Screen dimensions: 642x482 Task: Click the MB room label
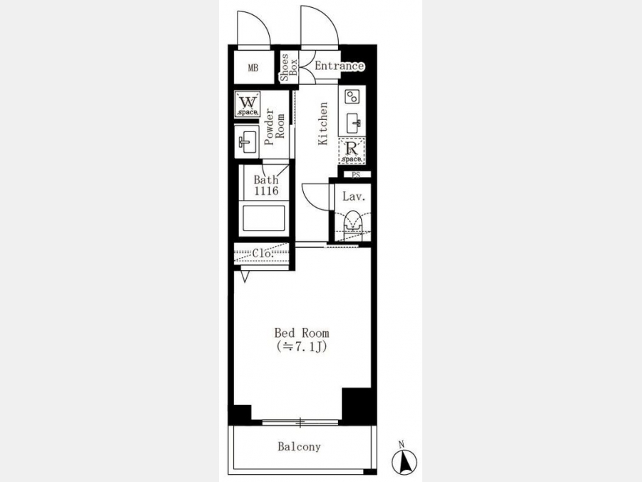pyautogui.click(x=253, y=68)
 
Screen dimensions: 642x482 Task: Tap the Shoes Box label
pyautogui.click(x=289, y=68)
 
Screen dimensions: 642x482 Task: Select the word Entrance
pyautogui.click(x=339, y=66)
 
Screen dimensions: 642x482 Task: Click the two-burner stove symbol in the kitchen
pyautogui.click(x=352, y=97)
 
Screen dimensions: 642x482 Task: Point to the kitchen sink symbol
pyautogui.click(x=353, y=124)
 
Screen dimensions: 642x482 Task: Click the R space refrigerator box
pyautogui.click(x=352, y=151)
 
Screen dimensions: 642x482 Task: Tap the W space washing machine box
pyautogui.click(x=248, y=104)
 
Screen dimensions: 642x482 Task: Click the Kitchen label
pyautogui.click(x=323, y=124)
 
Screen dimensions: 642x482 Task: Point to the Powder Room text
pyautogui.click(x=275, y=126)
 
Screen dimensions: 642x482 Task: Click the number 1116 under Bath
pyautogui.click(x=266, y=191)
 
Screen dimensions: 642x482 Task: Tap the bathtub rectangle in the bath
pyautogui.click(x=264, y=219)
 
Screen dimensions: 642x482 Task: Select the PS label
pyautogui.click(x=356, y=175)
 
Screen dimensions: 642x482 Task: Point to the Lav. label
pyautogui.click(x=353, y=197)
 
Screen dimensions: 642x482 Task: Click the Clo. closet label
pyautogui.click(x=263, y=253)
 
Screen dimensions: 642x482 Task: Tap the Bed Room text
pyautogui.click(x=301, y=332)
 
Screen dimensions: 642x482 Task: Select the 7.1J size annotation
pyautogui.click(x=301, y=347)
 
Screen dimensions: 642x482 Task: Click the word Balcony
pyautogui.click(x=299, y=446)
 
